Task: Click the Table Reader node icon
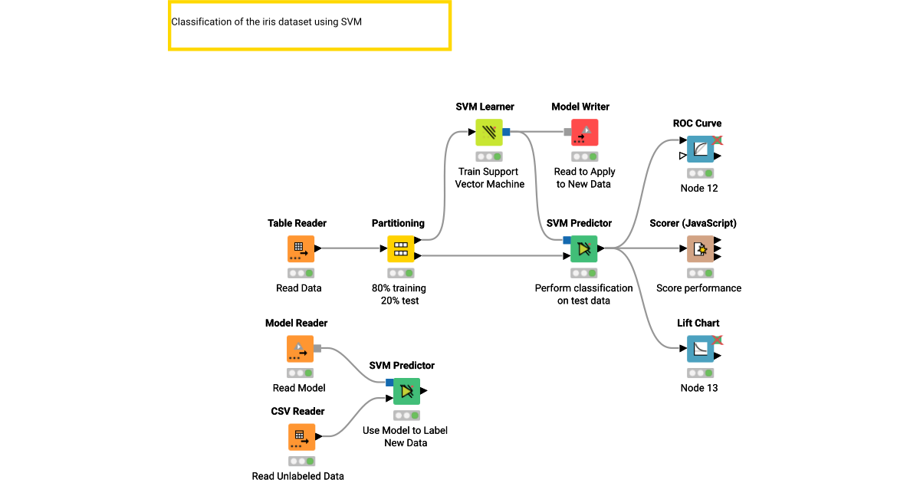301,248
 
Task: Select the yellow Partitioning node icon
400,248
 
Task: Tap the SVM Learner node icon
489,132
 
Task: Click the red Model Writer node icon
584,132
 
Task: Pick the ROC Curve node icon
700,149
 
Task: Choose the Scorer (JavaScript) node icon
700,248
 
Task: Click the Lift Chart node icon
700,349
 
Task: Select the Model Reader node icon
301,349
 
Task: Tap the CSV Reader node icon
301,436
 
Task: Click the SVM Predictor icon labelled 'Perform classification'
584,248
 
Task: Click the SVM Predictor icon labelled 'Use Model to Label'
407,391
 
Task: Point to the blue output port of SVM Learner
506,132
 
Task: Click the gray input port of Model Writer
568,132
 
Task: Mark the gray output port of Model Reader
317,349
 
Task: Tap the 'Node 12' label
699,189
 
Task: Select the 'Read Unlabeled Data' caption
298,476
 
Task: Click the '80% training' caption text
399,288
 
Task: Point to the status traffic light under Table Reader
301,273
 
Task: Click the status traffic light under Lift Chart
700,373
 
